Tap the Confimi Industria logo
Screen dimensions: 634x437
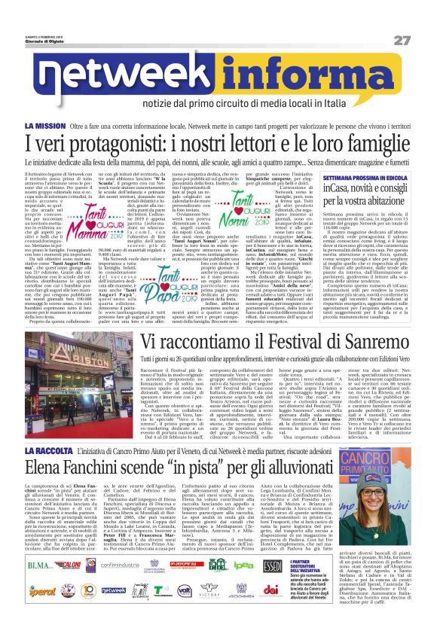click(x=120, y=565)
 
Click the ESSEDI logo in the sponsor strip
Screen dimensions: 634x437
click(x=272, y=565)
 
